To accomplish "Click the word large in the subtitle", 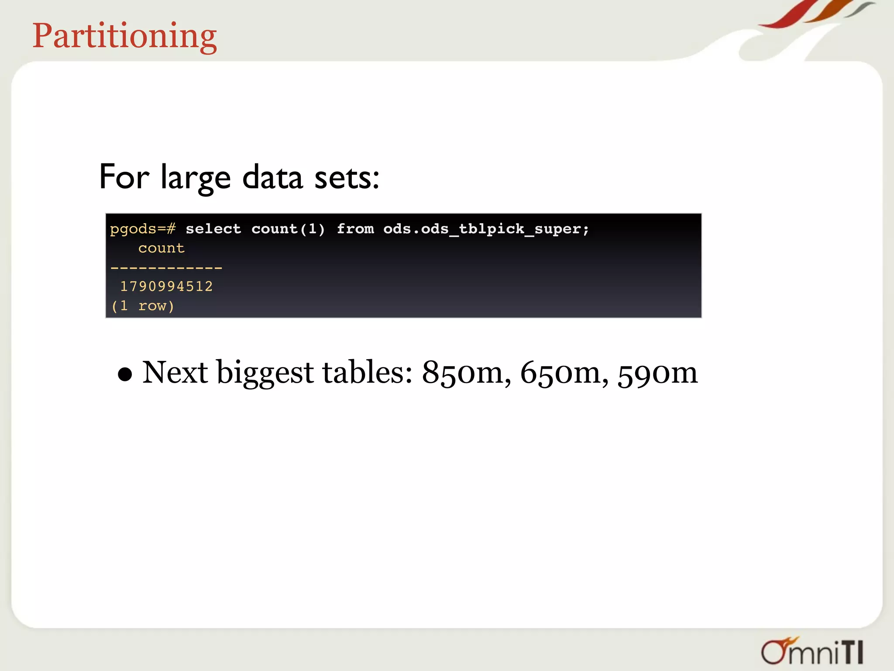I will click(x=195, y=177).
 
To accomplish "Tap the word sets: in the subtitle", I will click(x=347, y=177).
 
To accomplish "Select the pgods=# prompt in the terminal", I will click(x=143, y=229).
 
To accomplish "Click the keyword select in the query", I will click(x=213, y=229).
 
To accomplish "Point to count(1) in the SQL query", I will click(x=288, y=229).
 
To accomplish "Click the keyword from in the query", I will click(x=355, y=229).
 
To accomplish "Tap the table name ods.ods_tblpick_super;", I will click(x=486, y=229).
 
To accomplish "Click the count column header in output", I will click(x=161, y=248).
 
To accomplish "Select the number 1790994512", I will click(x=166, y=287).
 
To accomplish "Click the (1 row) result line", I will click(x=143, y=306).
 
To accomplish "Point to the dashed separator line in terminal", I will click(x=166, y=267).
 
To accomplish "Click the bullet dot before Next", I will click(x=125, y=374).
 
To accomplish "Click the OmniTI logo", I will click(x=812, y=651).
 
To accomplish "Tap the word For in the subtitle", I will click(x=124, y=176).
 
